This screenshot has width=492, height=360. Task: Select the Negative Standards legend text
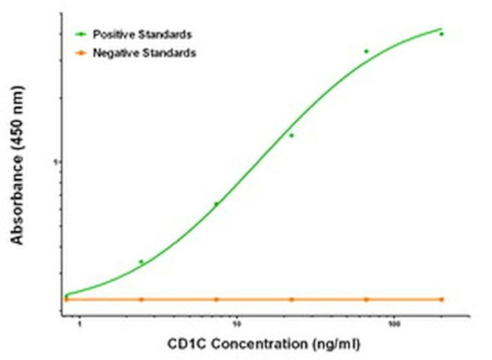tap(143, 53)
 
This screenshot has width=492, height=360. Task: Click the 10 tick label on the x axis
tap(237, 325)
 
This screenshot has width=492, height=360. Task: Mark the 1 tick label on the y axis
tap(54, 162)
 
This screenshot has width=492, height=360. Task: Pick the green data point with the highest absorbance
tap(441, 34)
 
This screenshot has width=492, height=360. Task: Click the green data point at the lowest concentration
tap(67, 296)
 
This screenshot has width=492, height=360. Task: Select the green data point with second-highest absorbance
tap(366, 51)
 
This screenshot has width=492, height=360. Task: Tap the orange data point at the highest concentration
tap(441, 299)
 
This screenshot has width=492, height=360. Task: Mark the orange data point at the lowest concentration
tap(67, 299)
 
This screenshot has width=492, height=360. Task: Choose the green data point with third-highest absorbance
tap(291, 135)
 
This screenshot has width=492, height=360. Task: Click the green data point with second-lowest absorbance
tap(142, 262)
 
